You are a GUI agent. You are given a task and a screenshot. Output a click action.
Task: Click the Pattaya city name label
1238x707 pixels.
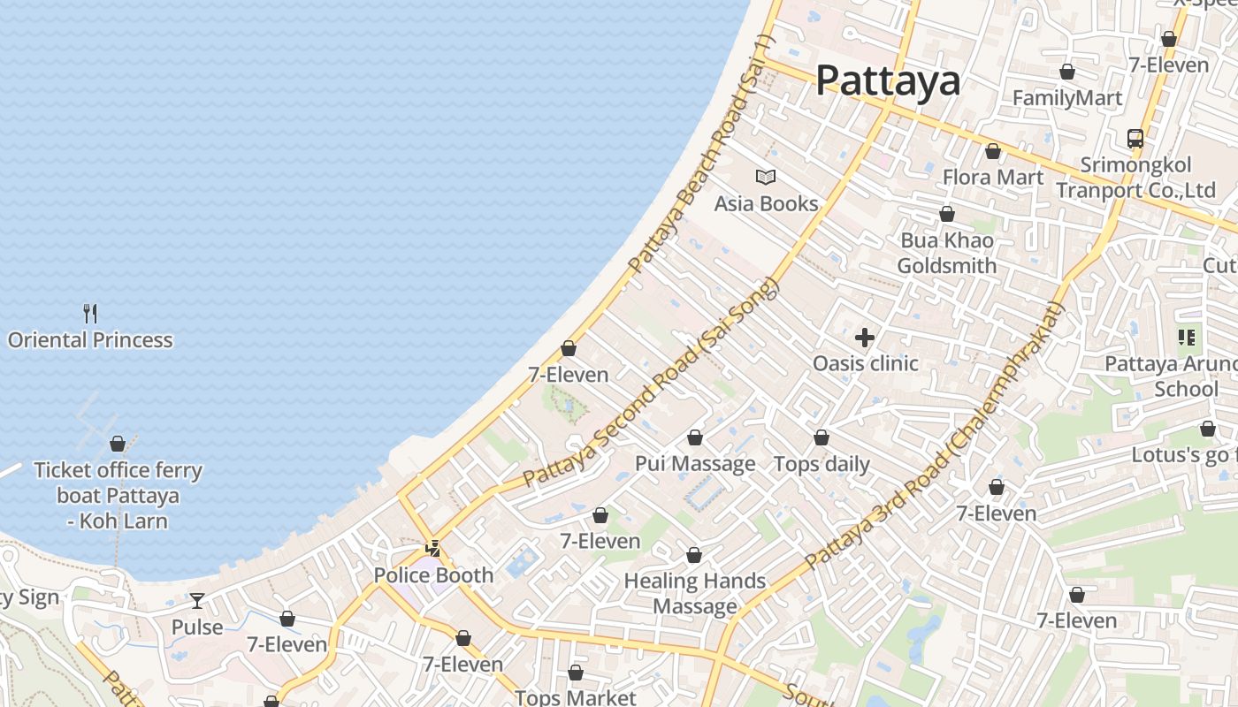point(887,80)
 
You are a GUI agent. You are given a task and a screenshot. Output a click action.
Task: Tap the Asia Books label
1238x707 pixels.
point(766,204)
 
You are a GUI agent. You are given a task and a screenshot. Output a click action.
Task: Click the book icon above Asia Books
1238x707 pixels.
point(766,177)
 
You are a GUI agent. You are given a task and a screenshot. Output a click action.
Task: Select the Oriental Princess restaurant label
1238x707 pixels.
point(90,340)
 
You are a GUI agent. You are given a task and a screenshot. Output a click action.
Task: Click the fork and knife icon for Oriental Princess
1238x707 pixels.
point(90,313)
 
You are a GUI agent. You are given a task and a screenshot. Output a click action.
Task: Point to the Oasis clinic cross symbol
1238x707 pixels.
point(865,337)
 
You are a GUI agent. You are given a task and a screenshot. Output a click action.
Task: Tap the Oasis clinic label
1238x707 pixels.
point(865,363)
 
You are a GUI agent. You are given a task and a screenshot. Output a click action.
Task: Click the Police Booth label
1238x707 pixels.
point(433,575)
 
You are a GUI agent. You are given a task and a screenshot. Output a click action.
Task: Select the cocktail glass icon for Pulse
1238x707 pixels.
point(197,601)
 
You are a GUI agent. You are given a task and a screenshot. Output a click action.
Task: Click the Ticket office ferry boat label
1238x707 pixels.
point(118,495)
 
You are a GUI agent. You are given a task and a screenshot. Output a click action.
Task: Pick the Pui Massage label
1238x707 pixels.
point(695,464)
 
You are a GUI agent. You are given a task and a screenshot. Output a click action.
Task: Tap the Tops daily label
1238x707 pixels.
point(822,464)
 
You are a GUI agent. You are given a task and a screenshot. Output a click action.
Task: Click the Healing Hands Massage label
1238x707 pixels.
point(695,593)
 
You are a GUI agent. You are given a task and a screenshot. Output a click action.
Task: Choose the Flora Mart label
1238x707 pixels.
point(993,177)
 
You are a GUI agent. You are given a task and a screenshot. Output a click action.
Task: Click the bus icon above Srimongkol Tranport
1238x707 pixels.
point(1135,138)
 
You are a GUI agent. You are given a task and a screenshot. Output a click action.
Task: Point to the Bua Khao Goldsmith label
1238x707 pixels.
point(946,253)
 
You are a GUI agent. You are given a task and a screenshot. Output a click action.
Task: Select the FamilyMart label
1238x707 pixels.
point(1067,98)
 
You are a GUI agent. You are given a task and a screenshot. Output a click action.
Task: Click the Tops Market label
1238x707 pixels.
point(575,697)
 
